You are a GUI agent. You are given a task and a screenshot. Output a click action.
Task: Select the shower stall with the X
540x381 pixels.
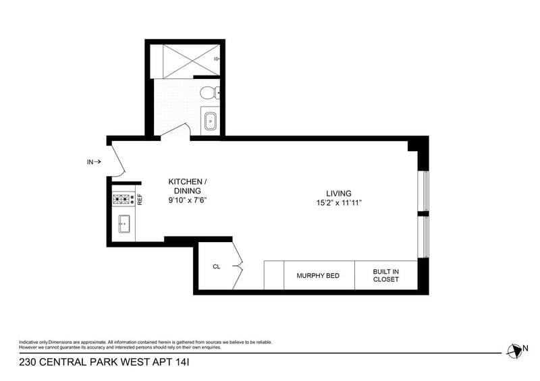[188, 59]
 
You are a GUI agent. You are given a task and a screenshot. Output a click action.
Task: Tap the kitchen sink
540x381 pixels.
[124, 223]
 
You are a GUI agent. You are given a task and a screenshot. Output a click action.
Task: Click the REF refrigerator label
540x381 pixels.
[140, 200]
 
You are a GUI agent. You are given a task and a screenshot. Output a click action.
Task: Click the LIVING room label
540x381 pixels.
[339, 193]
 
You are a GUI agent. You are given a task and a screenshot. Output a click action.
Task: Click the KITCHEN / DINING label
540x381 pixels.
[192, 186]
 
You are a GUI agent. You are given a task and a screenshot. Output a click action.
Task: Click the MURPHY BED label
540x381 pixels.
[318, 276]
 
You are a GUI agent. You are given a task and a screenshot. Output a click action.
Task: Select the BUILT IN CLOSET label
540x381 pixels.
[386, 275]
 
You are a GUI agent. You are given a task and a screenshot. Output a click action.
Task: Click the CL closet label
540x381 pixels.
[217, 266]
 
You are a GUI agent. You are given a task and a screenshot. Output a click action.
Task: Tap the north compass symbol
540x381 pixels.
[514, 349]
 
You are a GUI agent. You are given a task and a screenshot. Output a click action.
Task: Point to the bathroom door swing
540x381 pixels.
[175, 131]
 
